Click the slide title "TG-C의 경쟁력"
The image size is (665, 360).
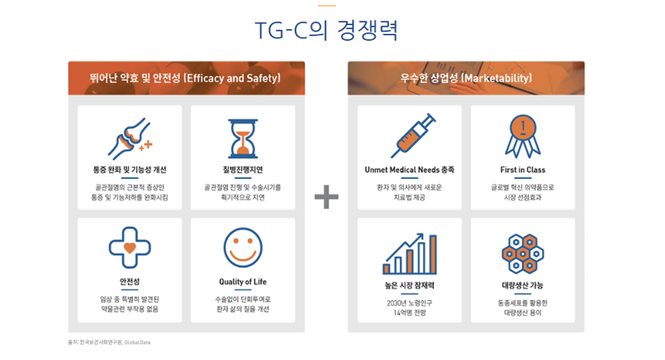coord(326,30)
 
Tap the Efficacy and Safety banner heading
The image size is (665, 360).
coord(185,78)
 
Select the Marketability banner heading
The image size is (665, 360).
coord(465,78)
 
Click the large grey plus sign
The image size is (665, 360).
coord(327,197)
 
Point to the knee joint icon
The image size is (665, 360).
coord(130,138)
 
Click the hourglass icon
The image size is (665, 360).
coord(243,139)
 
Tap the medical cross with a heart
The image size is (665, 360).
coord(130,248)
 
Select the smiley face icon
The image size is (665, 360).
coord(243,248)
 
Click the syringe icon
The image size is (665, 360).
coord(413,136)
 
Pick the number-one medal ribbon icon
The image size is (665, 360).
coord(523,136)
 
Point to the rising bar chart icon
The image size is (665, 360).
coord(410,254)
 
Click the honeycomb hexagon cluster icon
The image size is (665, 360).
coord(523,254)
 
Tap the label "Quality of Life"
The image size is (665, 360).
coord(243,282)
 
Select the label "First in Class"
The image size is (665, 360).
coord(523,170)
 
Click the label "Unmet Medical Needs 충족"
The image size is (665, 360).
coord(410,170)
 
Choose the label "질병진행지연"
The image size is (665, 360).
coord(243,170)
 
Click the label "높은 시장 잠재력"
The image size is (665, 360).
coord(410,285)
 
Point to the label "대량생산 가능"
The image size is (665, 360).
coord(523,285)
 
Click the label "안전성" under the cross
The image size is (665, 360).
coord(130,282)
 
